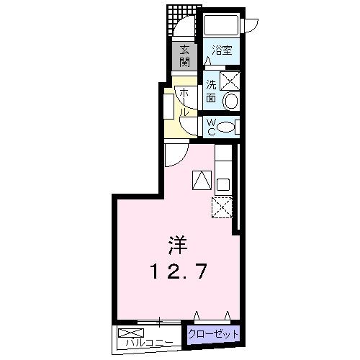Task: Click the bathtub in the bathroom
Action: coord(221,27)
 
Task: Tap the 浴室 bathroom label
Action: coord(222,51)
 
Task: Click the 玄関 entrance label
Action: coord(185,55)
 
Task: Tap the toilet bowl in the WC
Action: coord(225,127)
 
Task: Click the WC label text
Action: coord(210,127)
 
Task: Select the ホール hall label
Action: coord(184,102)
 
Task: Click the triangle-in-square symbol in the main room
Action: coord(201,180)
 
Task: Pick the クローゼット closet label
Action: coord(213,333)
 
